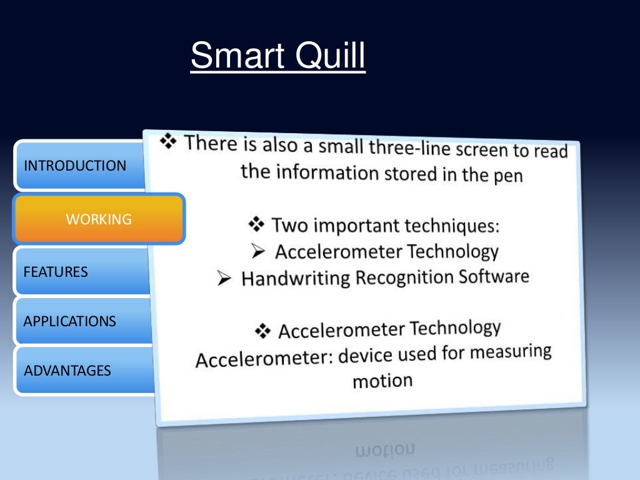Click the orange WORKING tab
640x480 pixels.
[99, 219]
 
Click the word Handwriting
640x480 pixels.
[296, 277]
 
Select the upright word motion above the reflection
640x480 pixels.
[382, 380]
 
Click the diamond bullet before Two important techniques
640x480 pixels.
[257, 224]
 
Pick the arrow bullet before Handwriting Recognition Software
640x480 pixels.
[225, 279]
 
